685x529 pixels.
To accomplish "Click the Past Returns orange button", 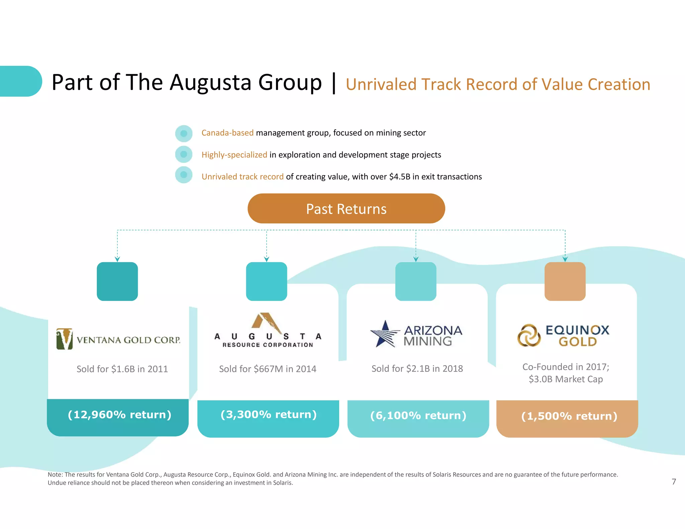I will tap(346, 209).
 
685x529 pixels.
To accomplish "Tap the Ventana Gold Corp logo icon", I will tap(65, 339).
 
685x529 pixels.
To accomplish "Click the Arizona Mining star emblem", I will tap(385, 334).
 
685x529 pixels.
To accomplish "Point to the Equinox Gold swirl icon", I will tap(529, 335).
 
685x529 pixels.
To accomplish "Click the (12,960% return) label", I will tap(119, 415).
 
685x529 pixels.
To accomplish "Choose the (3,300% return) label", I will tap(268, 415).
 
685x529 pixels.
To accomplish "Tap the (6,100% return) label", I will tap(418, 416).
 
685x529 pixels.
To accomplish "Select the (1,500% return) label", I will tap(569, 416).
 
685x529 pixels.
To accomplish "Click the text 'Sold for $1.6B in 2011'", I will tap(122, 369).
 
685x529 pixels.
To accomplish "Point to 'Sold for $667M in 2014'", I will tap(268, 369).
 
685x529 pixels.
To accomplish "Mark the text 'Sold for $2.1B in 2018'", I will tap(417, 368).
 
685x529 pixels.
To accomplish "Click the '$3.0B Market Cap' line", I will tap(566, 379).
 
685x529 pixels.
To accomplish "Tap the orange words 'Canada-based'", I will tap(227, 133).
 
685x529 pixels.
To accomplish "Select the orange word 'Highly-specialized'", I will tap(234, 155).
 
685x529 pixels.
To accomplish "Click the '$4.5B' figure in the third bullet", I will tap(399, 177).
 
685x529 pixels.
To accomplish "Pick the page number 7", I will tap(674, 482).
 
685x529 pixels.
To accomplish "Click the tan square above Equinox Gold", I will tap(565, 281).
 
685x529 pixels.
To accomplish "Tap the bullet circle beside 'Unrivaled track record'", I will tap(184, 175).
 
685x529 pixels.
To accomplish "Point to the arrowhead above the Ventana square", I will tap(117, 259).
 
